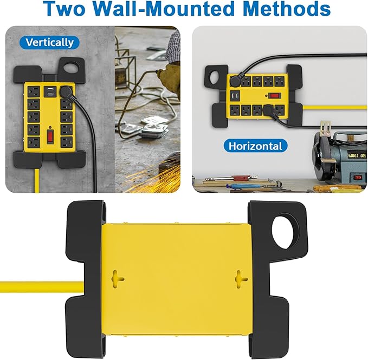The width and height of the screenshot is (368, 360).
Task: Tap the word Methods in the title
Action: (288, 9)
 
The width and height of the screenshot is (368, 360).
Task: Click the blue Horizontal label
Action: (255, 146)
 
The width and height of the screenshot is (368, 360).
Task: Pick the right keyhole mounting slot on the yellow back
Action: (241, 280)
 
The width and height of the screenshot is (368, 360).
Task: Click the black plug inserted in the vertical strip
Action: (68, 93)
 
